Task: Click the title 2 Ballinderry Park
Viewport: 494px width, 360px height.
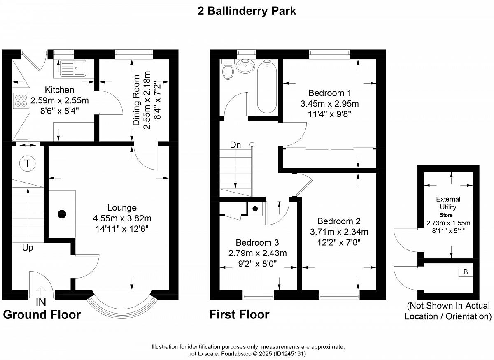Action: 247,12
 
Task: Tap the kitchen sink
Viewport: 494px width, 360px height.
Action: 73,68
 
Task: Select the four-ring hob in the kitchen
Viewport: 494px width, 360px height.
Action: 21,100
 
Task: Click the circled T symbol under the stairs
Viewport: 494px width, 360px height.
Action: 27,164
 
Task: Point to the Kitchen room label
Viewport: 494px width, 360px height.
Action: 59,90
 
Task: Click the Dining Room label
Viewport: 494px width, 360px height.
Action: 136,100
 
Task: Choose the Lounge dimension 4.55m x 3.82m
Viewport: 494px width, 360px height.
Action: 122,218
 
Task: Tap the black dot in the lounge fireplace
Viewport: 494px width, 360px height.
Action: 62,214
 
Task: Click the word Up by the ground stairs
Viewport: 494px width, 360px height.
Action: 28,248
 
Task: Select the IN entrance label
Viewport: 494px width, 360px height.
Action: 41,302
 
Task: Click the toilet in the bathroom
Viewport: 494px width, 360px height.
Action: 228,70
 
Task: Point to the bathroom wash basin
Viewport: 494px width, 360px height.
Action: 245,66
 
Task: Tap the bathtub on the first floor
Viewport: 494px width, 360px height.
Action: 267,86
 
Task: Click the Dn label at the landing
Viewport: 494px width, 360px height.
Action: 235,145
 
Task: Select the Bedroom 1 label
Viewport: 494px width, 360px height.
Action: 329,93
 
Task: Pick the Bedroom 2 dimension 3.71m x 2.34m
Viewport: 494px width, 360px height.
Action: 339,232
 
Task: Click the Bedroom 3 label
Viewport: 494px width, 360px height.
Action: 257,242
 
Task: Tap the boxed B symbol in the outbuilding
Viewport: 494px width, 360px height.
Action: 466,272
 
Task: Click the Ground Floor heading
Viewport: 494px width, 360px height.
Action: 42,315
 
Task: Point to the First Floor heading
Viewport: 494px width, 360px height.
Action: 239,315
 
